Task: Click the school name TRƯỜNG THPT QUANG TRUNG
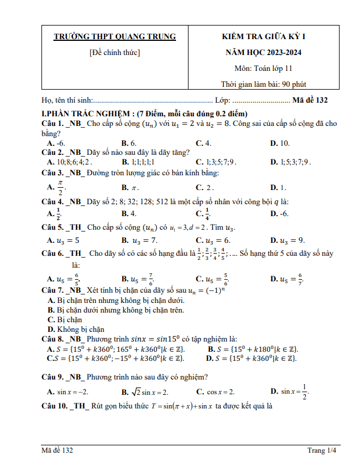pos(115,37)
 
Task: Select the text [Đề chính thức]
pos(115,53)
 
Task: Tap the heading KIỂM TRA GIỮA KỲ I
pos(263,37)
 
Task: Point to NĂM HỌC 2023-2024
pos(263,53)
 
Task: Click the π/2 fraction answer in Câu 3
pos(57,187)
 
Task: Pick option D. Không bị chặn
pos(76,329)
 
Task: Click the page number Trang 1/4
pos(322,450)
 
